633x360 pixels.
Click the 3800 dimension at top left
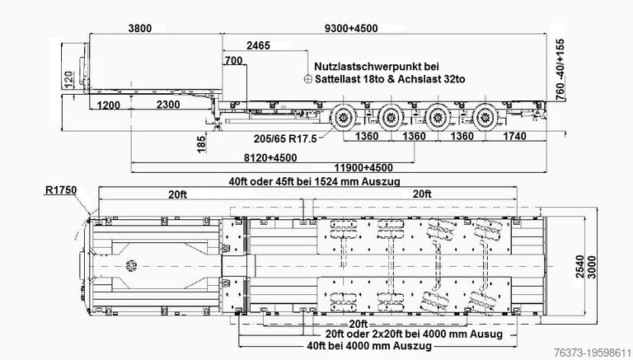[x=140, y=28]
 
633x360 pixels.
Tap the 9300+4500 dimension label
[x=351, y=28]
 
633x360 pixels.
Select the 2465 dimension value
[x=258, y=45]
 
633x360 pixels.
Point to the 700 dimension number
[x=234, y=60]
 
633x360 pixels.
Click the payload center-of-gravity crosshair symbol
[x=308, y=79]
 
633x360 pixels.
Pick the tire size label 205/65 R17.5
[x=285, y=139]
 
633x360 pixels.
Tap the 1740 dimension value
[x=514, y=136]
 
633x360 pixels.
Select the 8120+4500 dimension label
[x=270, y=157]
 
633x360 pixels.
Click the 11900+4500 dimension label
[x=363, y=167]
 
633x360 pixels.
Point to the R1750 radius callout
[x=60, y=189]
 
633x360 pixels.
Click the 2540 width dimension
[x=580, y=266]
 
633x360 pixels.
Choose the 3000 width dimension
[x=592, y=266]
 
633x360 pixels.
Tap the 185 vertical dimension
[x=201, y=144]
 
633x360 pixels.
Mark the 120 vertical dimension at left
[x=69, y=80]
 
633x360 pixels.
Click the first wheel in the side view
[x=344, y=118]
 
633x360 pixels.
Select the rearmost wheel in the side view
[x=485, y=118]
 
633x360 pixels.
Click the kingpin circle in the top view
[x=131, y=265]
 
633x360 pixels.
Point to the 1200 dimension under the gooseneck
[x=109, y=105]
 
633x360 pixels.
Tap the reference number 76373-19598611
[x=592, y=352]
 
